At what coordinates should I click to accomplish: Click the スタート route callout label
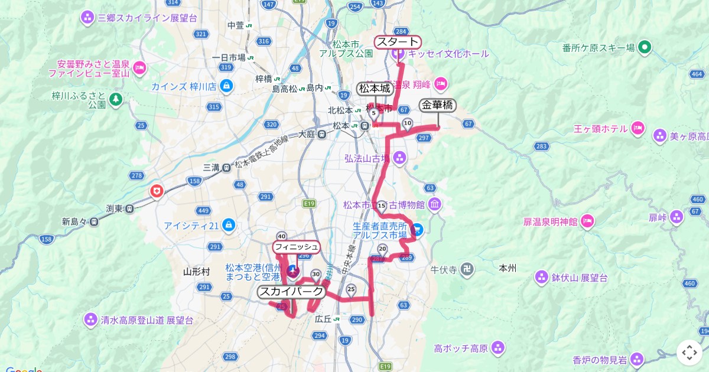(x=398, y=42)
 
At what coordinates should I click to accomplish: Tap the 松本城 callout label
(x=375, y=89)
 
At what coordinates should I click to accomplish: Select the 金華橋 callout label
(x=437, y=106)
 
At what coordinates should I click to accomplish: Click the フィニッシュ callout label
(x=296, y=247)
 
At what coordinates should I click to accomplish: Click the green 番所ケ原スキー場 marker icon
(x=645, y=47)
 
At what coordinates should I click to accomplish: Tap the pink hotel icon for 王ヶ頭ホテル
(x=637, y=128)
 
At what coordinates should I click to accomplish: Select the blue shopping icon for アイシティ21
(x=229, y=225)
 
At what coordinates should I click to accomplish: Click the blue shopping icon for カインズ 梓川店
(x=225, y=86)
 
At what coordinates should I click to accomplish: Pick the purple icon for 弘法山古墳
(x=400, y=158)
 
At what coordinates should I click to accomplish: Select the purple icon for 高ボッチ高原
(x=498, y=347)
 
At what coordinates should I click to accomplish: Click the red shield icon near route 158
(x=157, y=191)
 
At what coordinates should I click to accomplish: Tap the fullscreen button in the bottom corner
(x=690, y=353)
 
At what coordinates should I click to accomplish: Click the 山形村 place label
(x=196, y=272)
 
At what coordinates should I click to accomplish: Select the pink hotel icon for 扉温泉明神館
(x=587, y=221)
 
